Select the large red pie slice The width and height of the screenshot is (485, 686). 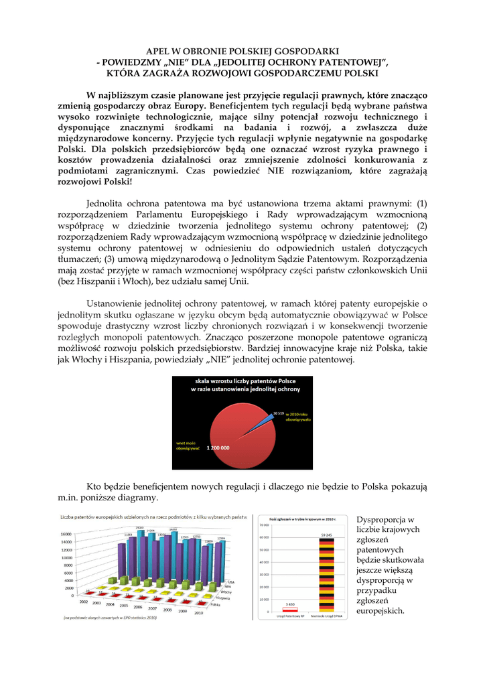pyautogui.click(x=228, y=429)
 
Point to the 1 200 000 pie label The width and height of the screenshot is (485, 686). pyautogui.click(x=218, y=448)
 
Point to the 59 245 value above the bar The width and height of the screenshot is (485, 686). pyautogui.click(x=326, y=535)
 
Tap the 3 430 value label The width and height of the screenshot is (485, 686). pyautogui.click(x=290, y=604)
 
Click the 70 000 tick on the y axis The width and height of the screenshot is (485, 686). pyautogui.click(x=265, y=525)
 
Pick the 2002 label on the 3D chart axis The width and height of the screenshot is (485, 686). pyautogui.click(x=84, y=602)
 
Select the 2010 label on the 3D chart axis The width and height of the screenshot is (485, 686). pyautogui.click(x=198, y=613)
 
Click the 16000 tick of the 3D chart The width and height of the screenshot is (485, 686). pyautogui.click(x=68, y=534)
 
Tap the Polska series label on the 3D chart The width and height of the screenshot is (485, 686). pyautogui.click(x=215, y=604)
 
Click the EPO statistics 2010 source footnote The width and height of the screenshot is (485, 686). pyautogui.click(x=111, y=618)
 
